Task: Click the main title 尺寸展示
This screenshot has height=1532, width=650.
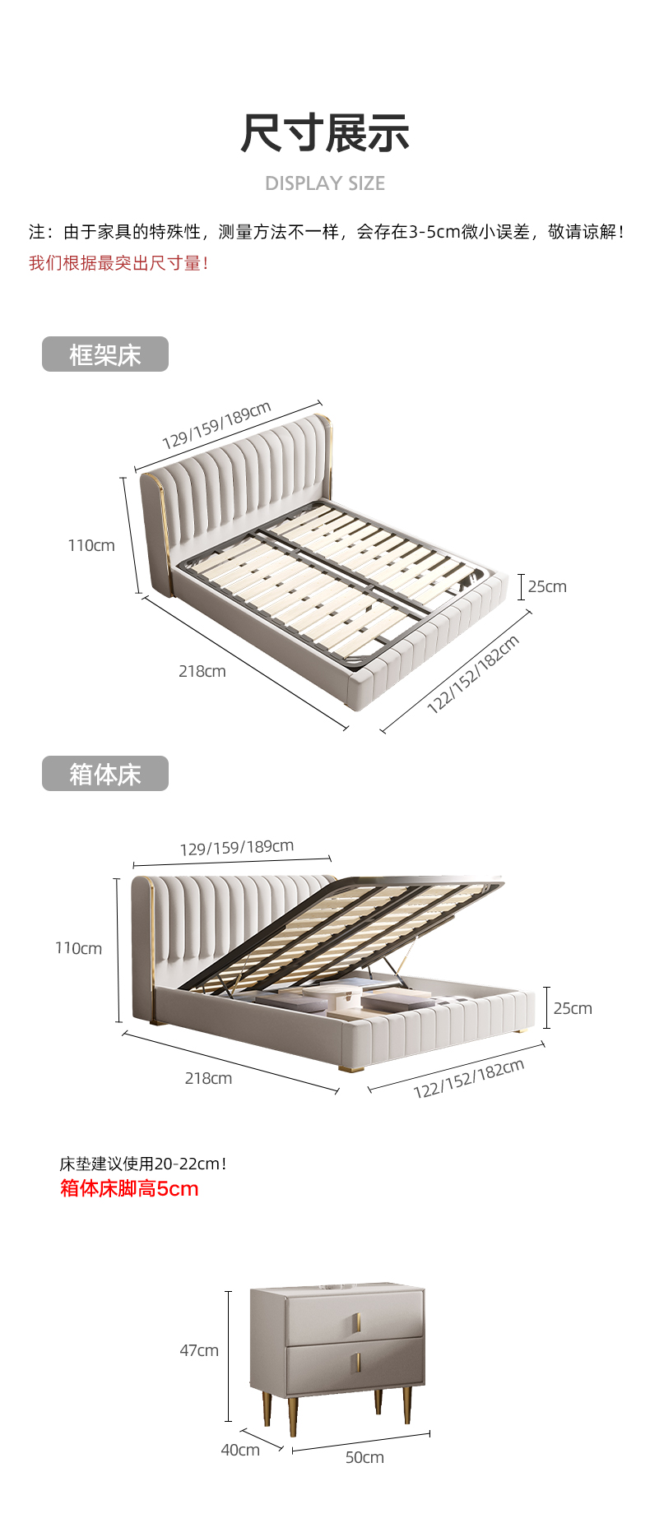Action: tap(325, 133)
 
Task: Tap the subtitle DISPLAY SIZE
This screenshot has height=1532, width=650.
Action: tap(325, 183)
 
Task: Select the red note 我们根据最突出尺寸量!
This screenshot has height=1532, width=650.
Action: tap(118, 263)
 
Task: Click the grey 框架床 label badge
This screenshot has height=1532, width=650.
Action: tap(105, 354)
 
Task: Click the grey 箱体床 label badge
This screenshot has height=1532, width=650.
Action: tap(105, 774)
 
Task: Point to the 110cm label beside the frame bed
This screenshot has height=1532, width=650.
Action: tap(91, 545)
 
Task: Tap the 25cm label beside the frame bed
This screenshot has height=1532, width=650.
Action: tap(547, 586)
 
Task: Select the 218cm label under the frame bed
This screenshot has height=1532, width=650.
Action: tap(202, 671)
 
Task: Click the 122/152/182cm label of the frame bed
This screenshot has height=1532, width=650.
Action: tap(473, 673)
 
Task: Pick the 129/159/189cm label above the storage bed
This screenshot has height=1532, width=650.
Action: tap(237, 847)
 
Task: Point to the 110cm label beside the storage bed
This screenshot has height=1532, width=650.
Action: tap(79, 948)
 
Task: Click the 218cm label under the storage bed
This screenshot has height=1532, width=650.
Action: tap(208, 1078)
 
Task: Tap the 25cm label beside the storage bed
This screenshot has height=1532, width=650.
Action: tap(573, 1008)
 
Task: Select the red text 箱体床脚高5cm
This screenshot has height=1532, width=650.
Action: tap(129, 1189)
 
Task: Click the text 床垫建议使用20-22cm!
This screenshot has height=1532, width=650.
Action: tap(142, 1164)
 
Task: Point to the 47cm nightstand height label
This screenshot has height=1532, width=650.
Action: tap(199, 1350)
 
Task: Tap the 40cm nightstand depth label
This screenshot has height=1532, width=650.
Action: tap(240, 1450)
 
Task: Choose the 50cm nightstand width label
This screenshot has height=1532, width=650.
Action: tap(364, 1457)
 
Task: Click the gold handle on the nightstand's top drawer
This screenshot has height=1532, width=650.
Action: tap(357, 1323)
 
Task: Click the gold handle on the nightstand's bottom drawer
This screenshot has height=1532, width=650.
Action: tap(357, 1363)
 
